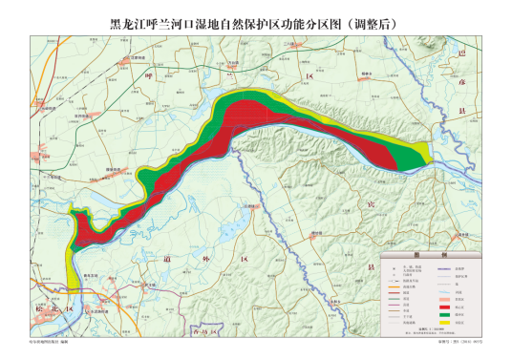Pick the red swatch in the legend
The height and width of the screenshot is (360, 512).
445,303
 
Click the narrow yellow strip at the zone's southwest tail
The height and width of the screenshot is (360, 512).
75,273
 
